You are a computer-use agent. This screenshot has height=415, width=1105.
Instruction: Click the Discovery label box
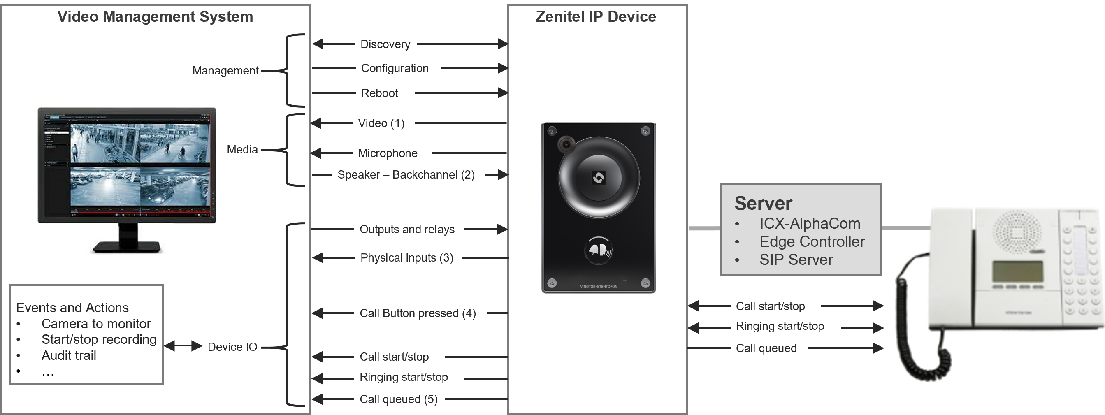pyautogui.click(x=385, y=44)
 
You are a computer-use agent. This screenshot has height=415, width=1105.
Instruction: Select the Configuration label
pyautogui.click(x=395, y=68)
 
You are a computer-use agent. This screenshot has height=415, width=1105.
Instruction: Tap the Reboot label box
pyautogui.click(x=380, y=93)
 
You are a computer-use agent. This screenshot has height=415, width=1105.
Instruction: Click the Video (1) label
pyautogui.click(x=381, y=123)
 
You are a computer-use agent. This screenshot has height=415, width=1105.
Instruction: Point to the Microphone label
pyautogui.click(x=388, y=153)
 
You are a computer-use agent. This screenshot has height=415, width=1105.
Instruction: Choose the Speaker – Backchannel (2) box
pyautogui.click(x=406, y=174)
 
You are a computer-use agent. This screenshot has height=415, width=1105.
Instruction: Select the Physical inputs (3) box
pyautogui.click(x=406, y=257)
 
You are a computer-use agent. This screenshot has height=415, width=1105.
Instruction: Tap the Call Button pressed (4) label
pyautogui.click(x=418, y=313)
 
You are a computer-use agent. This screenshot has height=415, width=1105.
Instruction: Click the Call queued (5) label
pyautogui.click(x=399, y=399)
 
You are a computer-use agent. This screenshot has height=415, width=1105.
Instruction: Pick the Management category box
pyautogui.click(x=225, y=70)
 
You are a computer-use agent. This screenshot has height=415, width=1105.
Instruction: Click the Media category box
pyautogui.click(x=243, y=150)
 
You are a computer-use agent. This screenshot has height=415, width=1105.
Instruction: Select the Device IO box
pyautogui.click(x=233, y=347)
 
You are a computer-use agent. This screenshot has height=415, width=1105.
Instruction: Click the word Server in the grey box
pyautogui.click(x=763, y=203)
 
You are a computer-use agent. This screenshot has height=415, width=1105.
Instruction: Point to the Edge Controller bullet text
pyautogui.click(x=812, y=242)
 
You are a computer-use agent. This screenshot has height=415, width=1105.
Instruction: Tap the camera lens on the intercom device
pyautogui.click(x=566, y=144)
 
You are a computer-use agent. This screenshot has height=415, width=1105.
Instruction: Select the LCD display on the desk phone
pyautogui.click(x=1017, y=271)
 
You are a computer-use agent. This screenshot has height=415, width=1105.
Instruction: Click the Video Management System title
pyautogui.click(x=155, y=17)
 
